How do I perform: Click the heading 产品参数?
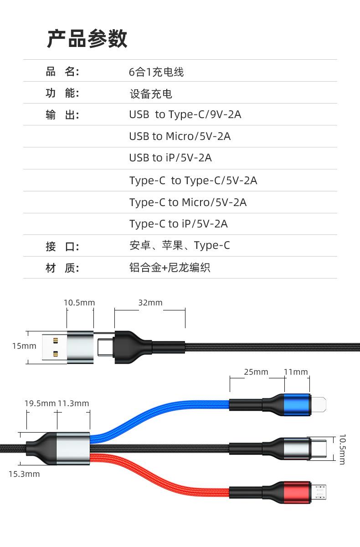point(87,38)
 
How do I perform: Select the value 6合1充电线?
point(156,72)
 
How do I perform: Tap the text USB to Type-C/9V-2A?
point(185,114)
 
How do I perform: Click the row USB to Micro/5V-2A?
point(180,136)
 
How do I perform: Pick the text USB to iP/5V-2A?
point(170,158)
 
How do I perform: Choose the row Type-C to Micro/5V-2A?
point(188,202)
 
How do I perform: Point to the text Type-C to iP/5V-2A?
point(178,224)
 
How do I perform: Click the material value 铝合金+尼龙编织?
point(170,268)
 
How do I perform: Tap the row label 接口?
point(62,247)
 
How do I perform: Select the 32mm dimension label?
point(150,303)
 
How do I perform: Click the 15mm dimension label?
point(24,346)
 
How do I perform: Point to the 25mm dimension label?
point(256,372)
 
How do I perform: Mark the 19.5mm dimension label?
point(40,403)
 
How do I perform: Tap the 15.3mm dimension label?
point(24,474)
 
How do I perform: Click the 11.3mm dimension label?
point(73,403)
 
